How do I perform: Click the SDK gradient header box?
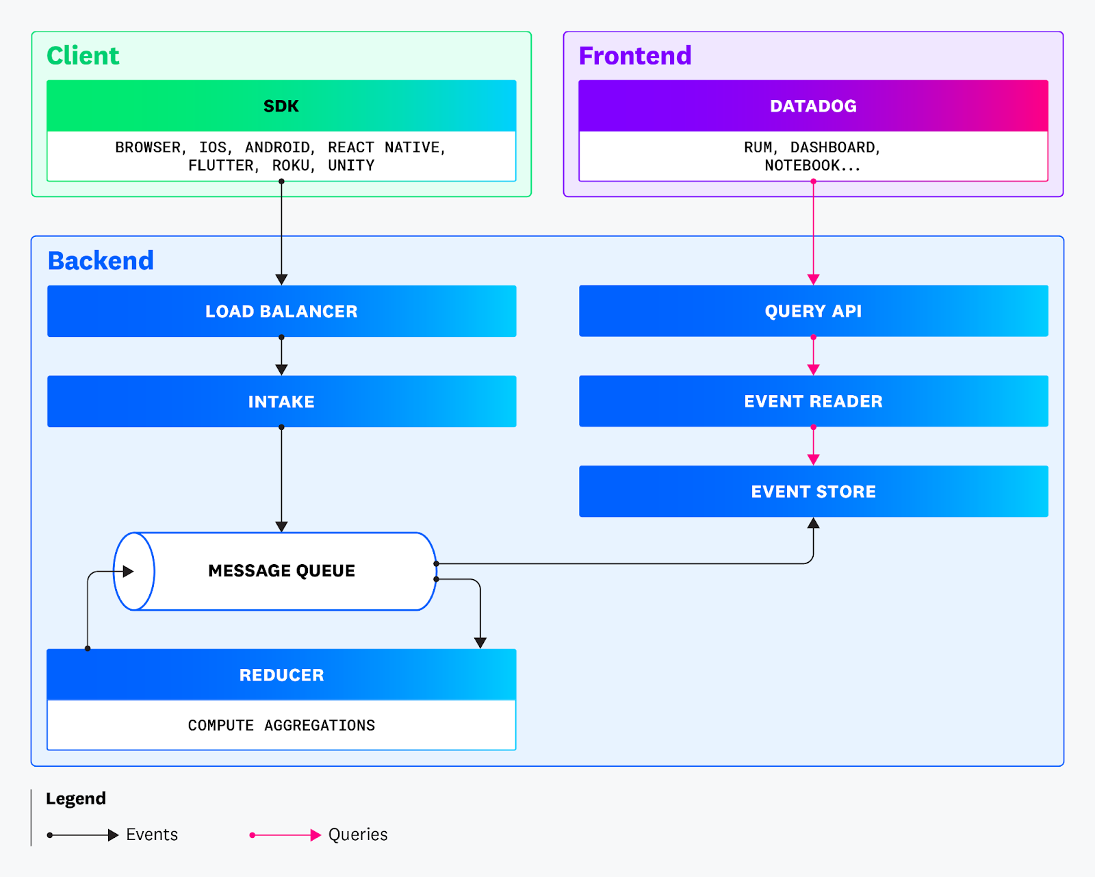(281, 106)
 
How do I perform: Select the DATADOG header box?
(813, 106)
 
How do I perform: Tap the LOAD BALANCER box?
(281, 312)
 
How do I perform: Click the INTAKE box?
(281, 402)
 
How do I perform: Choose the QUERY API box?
(813, 312)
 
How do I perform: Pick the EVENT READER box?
(813, 401)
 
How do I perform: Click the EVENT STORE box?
(813, 492)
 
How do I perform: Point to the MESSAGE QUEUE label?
(281, 571)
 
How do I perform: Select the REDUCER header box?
(281, 675)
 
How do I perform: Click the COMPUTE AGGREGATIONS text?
(281, 726)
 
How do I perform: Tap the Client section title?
(83, 55)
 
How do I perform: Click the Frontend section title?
(635, 55)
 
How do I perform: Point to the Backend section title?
(101, 261)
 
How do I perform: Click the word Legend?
(76, 799)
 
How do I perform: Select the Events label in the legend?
(152, 835)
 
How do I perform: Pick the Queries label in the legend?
(358, 835)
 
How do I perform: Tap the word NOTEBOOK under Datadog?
(802, 166)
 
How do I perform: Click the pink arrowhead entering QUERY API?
(813, 279)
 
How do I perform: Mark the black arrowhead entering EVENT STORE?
(813, 524)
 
